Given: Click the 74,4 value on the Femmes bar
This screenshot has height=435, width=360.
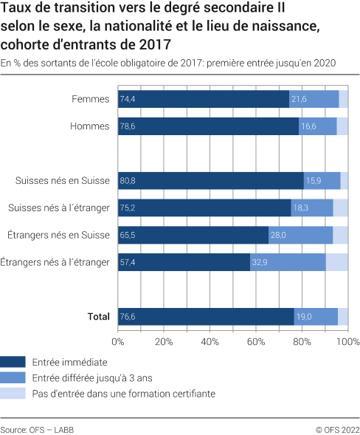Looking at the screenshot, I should tap(128, 99).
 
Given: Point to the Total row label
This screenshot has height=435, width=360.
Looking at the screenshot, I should tap(98, 317).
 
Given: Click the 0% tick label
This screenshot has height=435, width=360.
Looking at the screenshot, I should tap(118, 342).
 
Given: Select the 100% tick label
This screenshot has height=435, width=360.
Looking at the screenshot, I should tap(347, 342).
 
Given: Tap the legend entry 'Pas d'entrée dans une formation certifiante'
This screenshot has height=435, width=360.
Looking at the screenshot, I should tap(124, 394).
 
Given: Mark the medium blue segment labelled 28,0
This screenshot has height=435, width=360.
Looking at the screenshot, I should tap(300, 235).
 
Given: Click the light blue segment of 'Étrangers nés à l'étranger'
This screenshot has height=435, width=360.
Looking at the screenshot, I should tap(336, 262).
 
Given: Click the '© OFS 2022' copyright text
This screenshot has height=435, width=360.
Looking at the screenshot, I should tap(337, 428).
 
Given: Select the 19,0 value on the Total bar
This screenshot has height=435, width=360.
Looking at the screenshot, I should tap(304, 317).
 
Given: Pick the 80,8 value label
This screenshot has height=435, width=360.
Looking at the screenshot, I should tap(128, 181).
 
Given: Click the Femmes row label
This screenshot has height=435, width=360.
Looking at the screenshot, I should tap(91, 99).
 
